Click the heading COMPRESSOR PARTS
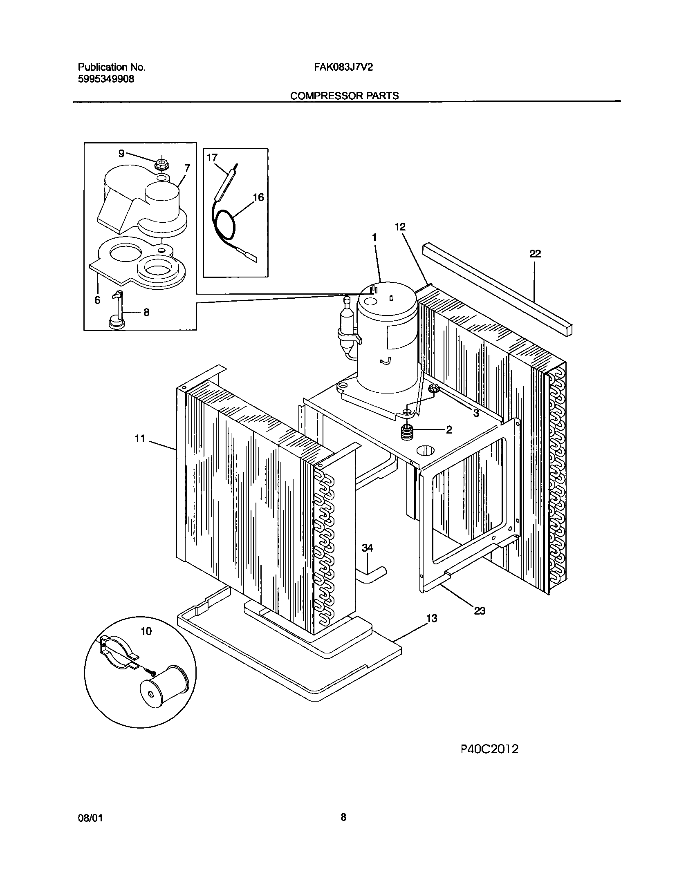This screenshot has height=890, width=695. pos(344,96)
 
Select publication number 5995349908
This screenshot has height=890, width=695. pos(106,79)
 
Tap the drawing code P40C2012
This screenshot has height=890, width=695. pos(489,749)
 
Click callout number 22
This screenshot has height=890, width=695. pos(535,254)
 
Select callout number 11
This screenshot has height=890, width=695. pos(140,438)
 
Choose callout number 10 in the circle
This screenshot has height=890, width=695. pos(146,631)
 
